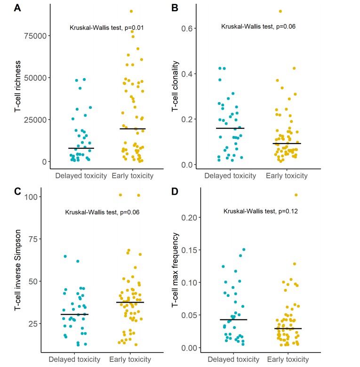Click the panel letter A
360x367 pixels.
click(17, 8)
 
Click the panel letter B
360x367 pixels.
click(175, 8)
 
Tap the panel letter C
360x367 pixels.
click(17, 191)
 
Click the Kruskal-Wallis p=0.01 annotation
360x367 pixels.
click(106, 28)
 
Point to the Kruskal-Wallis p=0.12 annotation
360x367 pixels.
click(261, 211)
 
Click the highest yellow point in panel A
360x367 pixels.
click(131, 11)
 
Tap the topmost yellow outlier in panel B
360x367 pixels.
click(280, 11)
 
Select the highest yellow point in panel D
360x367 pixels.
click(296, 195)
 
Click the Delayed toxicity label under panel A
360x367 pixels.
click(81, 176)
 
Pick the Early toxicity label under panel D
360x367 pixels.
click(288, 359)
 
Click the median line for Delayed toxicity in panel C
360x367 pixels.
click(74, 314)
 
